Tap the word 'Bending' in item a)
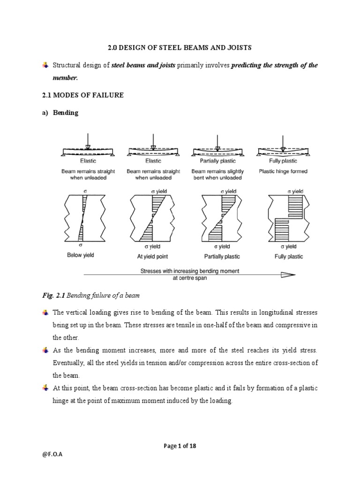point(67,113)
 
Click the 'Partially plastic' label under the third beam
point(217,161)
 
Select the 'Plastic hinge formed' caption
point(283,172)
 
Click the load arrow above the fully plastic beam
point(282,141)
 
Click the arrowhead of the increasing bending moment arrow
point(287,275)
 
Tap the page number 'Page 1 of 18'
point(180,446)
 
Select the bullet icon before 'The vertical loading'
point(45,312)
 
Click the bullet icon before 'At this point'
point(45,388)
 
